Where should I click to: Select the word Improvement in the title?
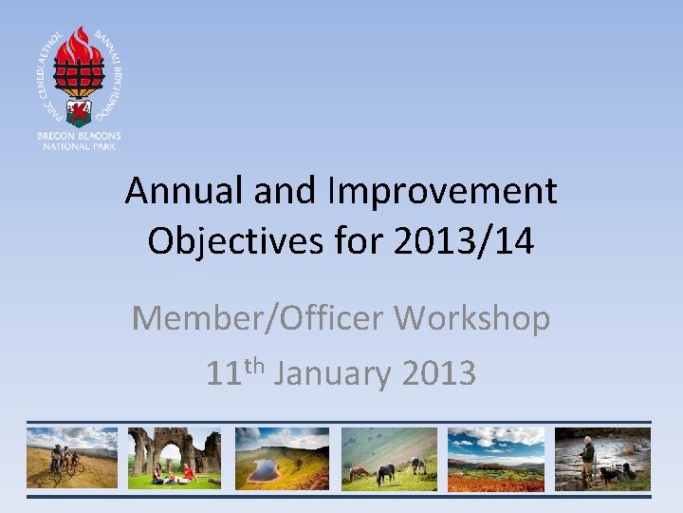click(442, 192)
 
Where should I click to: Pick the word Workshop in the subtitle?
click(472, 318)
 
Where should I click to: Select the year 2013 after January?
click(438, 373)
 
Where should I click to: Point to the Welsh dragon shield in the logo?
click(79, 113)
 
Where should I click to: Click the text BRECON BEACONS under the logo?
click(79, 137)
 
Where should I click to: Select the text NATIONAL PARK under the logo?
click(79, 147)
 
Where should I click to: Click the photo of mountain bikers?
click(72, 457)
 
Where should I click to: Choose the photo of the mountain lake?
click(282, 457)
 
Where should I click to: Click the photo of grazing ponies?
click(389, 457)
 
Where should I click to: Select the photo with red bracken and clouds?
click(496, 457)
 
